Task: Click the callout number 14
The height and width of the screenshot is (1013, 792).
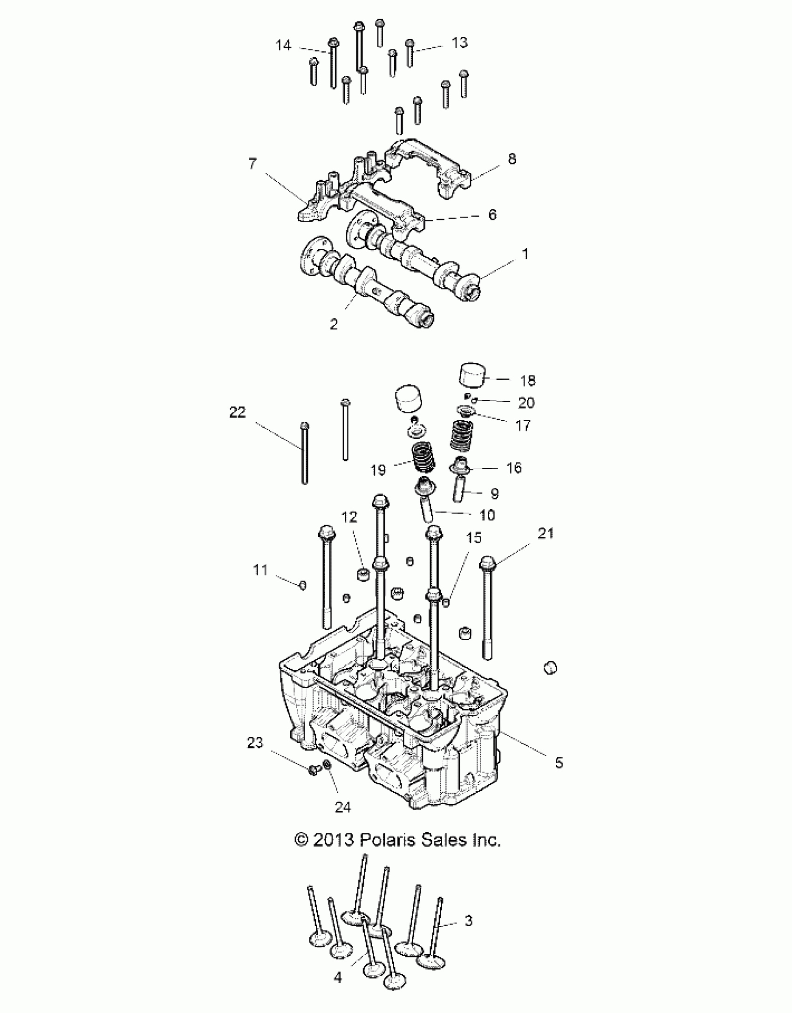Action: [283, 46]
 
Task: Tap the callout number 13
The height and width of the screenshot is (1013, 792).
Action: [459, 42]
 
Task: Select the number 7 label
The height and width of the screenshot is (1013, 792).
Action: [252, 164]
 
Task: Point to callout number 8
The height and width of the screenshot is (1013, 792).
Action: [512, 159]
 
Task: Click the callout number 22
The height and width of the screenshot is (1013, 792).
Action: [237, 412]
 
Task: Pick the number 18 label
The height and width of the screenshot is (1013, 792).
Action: [527, 381]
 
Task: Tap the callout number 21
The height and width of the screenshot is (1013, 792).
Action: [546, 533]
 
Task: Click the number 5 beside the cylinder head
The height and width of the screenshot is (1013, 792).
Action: [559, 763]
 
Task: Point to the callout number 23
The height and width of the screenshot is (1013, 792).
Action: [255, 743]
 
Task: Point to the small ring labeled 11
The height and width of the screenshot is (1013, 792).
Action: [303, 585]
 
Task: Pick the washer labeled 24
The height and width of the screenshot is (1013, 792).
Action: [328, 778]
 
